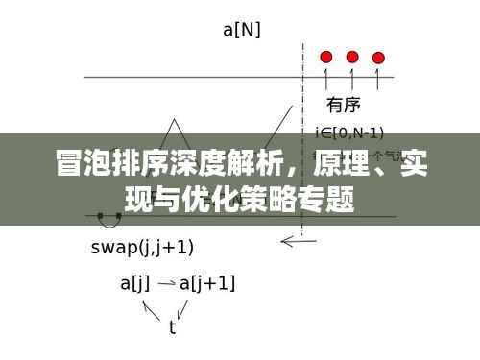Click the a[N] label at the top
pyautogui.click(x=241, y=30)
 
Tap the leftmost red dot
pyautogui.click(x=326, y=57)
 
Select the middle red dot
pyautogui.click(x=352, y=57)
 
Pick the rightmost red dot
pyautogui.click(x=378, y=58)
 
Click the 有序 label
pyautogui.click(x=344, y=105)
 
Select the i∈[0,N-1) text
pyautogui.click(x=350, y=132)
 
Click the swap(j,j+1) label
pyautogui.click(x=142, y=247)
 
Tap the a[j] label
pyautogui.click(x=136, y=283)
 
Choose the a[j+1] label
pyautogui.click(x=208, y=283)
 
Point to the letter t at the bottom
pyautogui.click(x=172, y=327)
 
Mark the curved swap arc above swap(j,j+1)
pyautogui.click(x=108, y=224)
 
